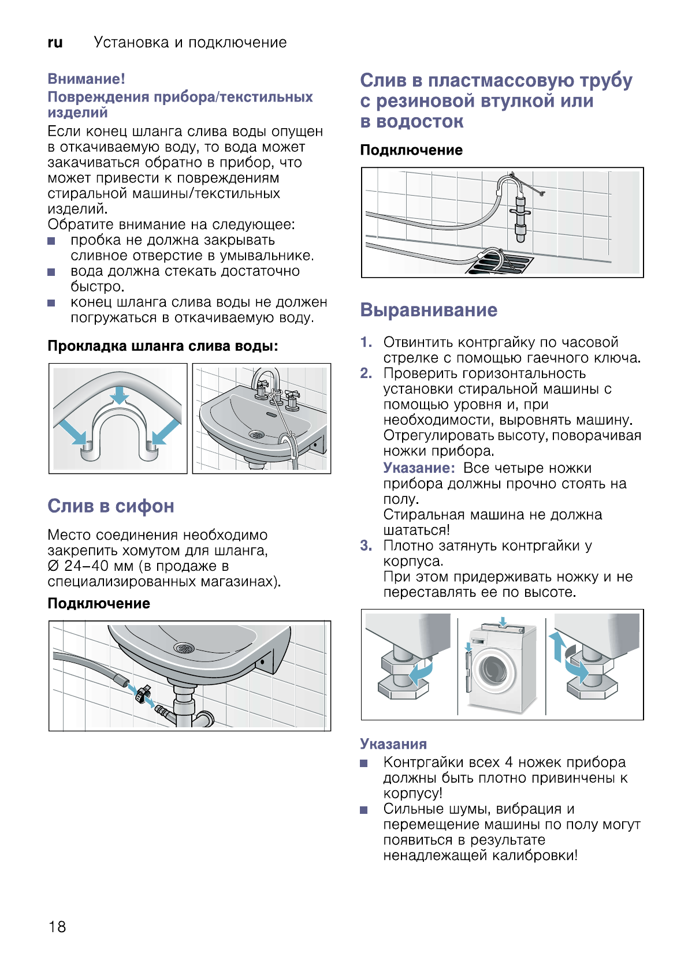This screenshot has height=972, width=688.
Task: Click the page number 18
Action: [57, 926]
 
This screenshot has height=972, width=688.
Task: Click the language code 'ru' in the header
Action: [55, 43]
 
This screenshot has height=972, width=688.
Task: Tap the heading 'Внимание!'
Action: [86, 79]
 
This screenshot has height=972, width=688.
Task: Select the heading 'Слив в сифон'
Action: [111, 506]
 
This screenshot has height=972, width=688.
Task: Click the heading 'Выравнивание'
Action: [429, 310]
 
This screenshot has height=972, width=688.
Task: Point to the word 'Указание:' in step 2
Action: [419, 468]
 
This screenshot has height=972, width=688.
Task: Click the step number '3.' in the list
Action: [366, 545]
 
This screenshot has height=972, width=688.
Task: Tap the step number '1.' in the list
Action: [366, 342]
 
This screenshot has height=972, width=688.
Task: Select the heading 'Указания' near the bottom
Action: [393, 744]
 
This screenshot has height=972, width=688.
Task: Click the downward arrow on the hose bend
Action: [120, 395]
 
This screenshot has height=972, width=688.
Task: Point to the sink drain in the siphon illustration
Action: [184, 648]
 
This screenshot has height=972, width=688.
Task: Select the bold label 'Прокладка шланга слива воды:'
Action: [163, 346]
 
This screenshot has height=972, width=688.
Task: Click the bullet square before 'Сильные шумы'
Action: [364, 809]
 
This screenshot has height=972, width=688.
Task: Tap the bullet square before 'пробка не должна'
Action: [51, 241]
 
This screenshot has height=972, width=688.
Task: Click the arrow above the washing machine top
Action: [503, 622]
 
